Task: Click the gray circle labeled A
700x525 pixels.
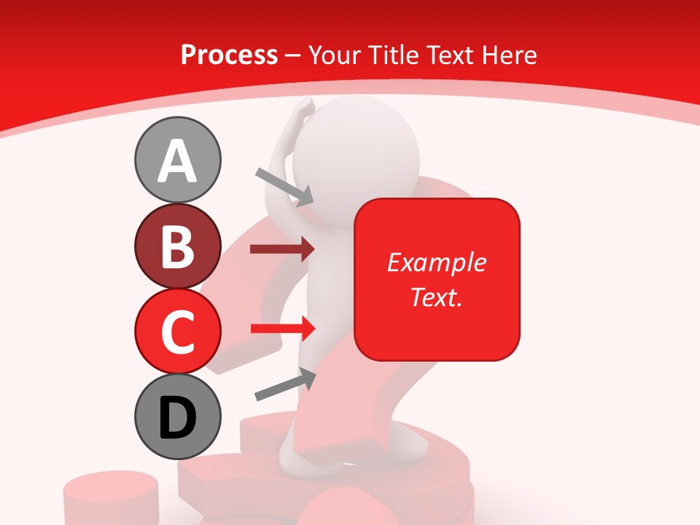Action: pos(177,160)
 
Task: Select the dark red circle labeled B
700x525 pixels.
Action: pos(177,246)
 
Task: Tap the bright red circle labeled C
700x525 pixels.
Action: pos(177,331)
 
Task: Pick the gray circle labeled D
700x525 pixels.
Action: pos(177,417)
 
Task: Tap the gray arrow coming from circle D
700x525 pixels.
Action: pos(285,384)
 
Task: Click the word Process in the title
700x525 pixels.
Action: pos(229,55)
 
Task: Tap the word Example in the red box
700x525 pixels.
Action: pos(436,262)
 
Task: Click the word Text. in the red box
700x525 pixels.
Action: pos(436,297)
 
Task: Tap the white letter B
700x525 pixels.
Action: pos(177,246)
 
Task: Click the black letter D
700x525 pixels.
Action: pos(177,418)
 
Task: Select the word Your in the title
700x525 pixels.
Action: pos(334,55)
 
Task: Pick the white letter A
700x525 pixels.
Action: pos(177,161)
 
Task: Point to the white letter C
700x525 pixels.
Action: pos(177,332)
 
